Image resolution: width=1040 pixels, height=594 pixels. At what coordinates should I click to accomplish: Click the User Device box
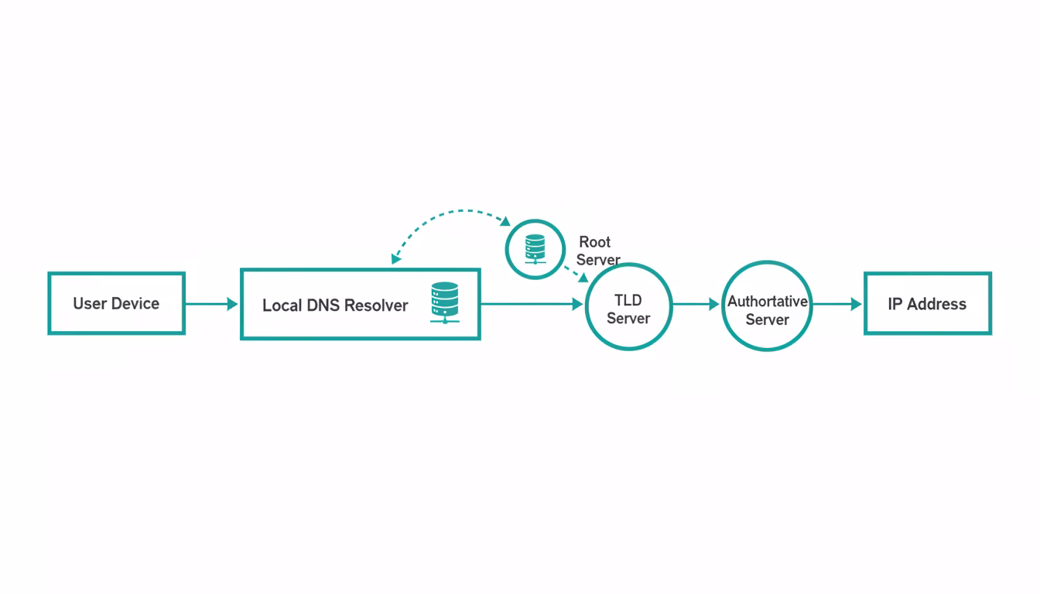point(116,303)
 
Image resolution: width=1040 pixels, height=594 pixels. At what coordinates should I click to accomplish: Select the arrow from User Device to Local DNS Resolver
point(211,304)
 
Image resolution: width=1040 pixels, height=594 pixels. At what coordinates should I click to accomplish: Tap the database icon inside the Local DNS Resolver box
point(444,302)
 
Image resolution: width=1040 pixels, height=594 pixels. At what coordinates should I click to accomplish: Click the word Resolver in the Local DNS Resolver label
point(376,306)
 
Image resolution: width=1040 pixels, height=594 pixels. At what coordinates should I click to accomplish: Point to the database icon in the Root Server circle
point(535,249)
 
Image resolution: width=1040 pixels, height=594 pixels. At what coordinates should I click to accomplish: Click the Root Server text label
point(597,251)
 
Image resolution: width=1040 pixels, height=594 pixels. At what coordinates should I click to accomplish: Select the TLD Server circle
point(628,307)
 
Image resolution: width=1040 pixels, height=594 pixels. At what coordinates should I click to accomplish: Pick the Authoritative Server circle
point(766,306)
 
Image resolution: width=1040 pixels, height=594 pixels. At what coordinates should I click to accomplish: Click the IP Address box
point(927,304)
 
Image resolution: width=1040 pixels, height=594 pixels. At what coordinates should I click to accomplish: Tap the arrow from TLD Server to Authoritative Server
point(696,305)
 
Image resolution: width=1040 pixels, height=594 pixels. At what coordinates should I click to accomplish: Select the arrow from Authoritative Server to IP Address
point(836,305)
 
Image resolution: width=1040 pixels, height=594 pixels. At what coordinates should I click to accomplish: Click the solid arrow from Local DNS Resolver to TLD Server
point(531,305)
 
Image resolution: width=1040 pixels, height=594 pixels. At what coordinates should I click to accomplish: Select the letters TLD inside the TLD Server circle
point(628,300)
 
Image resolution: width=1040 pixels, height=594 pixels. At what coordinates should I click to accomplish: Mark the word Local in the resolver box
point(282,306)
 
